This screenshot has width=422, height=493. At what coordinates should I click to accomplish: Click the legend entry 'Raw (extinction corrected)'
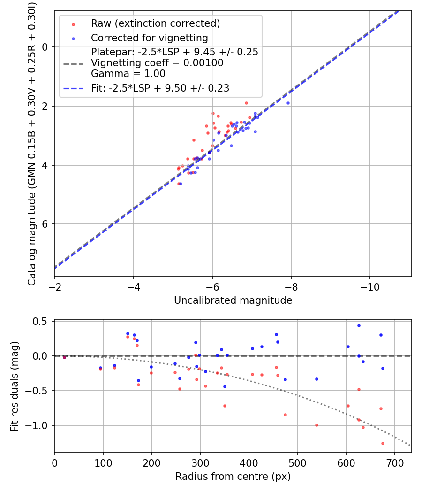point(155,23)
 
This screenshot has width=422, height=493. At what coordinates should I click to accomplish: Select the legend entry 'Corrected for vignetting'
point(150,38)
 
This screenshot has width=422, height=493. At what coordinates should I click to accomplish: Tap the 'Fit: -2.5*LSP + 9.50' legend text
point(160,88)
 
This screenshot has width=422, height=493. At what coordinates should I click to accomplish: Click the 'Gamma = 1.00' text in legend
point(128,73)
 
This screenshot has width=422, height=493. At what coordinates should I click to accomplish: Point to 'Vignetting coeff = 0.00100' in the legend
point(157,63)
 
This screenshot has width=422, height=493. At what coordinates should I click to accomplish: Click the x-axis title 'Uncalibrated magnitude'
point(233,300)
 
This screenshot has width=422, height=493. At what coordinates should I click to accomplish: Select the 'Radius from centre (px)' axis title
point(233,477)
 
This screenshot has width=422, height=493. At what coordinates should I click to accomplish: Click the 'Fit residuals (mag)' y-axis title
point(15,386)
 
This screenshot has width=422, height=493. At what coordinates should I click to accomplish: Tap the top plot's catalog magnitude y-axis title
point(32,143)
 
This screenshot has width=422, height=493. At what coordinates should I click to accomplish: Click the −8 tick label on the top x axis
point(291,286)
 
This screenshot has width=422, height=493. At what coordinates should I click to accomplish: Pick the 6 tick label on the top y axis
point(45,224)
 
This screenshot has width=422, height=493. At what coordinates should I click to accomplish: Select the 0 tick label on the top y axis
point(45,47)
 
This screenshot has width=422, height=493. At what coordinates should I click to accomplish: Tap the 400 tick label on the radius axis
point(249,462)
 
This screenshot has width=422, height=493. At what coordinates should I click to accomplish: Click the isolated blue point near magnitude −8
point(288,103)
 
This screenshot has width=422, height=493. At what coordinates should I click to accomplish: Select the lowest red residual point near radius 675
point(383,443)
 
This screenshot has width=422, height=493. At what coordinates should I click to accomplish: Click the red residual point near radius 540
point(316,425)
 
